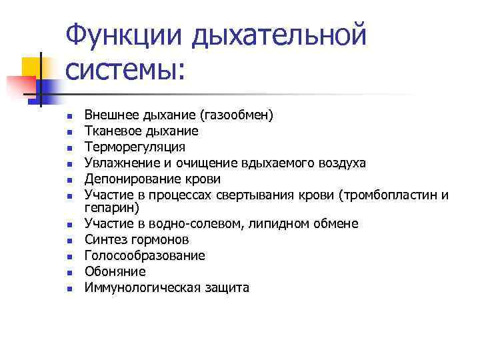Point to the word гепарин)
tap(111, 207)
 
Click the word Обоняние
tap(115, 272)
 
